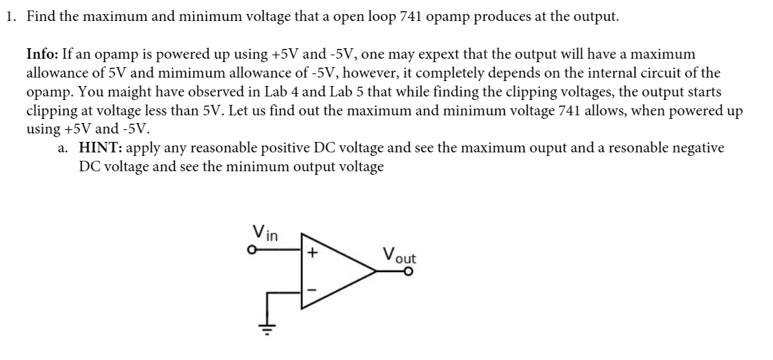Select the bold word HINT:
[x=101, y=148]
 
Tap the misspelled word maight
[x=129, y=92]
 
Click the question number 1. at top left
[x=11, y=17]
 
